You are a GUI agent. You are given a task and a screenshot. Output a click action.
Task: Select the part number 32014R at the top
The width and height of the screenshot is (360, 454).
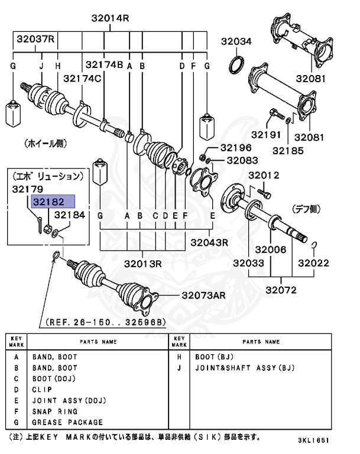[x=109, y=18]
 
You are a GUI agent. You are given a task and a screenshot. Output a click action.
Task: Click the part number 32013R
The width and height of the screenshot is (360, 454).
[x=141, y=263]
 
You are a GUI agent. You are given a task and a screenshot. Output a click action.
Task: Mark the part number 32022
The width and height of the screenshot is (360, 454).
[x=313, y=262]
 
